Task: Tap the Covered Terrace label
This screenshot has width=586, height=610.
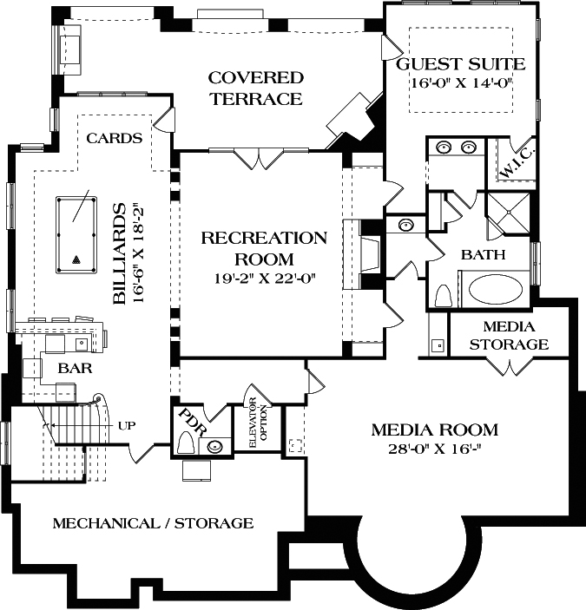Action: pos(254,89)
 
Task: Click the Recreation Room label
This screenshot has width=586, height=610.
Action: pos(264,248)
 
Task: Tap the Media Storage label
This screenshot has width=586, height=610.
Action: pos(508,336)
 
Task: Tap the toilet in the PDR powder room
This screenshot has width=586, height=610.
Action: pos(186,443)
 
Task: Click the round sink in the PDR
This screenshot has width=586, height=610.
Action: pos(215,447)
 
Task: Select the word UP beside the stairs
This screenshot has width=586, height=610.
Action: pos(125,425)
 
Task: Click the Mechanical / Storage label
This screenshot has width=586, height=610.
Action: pos(153,523)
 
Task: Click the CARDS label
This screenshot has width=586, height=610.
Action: pos(115,138)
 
